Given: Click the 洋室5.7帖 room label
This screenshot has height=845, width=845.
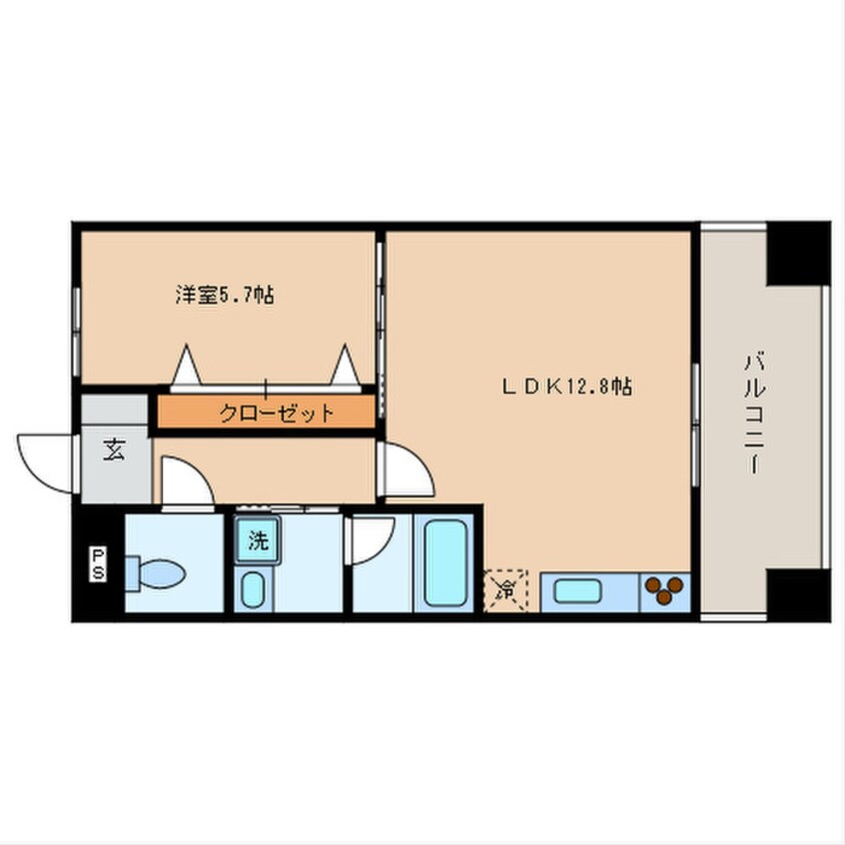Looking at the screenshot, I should click(x=226, y=296).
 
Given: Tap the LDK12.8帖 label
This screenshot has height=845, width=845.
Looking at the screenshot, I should click(x=565, y=386).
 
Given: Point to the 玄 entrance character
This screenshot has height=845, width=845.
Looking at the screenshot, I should click(x=113, y=450).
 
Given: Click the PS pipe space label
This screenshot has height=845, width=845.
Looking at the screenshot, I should click(x=101, y=563).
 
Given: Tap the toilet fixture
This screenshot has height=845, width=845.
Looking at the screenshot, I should click(x=156, y=573).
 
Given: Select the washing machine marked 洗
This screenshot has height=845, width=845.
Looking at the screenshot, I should click(x=259, y=543).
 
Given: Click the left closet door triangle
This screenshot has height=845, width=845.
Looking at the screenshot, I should click(x=187, y=369).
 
